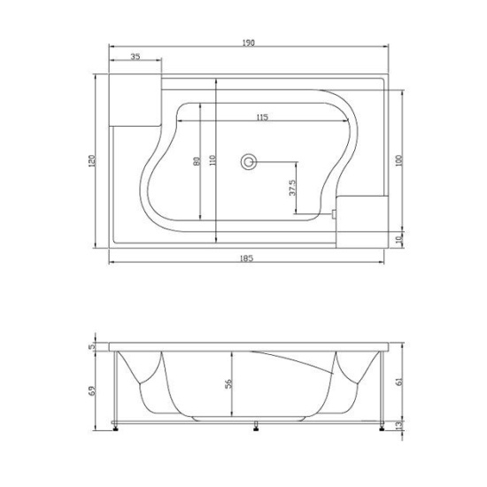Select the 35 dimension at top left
coord(135,57)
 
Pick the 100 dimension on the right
coord(398,161)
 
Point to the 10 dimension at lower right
coord(398,238)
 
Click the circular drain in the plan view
coord(250,162)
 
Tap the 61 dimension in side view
coord(399,382)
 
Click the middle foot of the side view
coord(256,428)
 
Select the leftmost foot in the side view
coord(119,429)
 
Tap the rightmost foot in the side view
coord(381,429)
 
